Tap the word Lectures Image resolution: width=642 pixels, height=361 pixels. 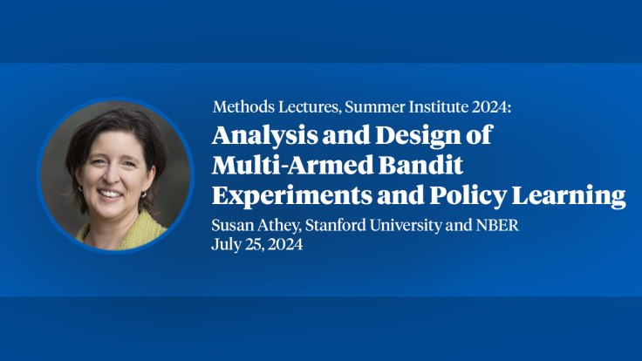point(302,107)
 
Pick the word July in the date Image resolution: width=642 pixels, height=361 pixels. point(226,245)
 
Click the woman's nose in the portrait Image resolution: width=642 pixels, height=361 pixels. point(110,177)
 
